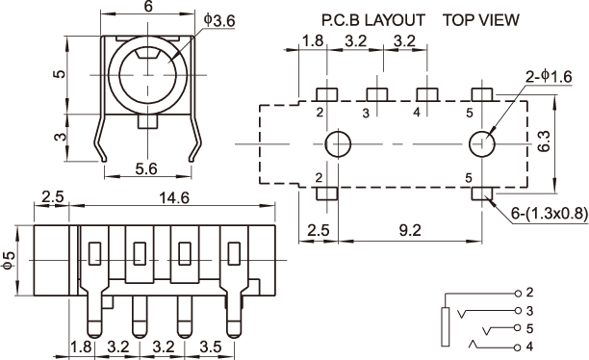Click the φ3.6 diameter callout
(x=219, y=21)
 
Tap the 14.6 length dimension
(x=174, y=197)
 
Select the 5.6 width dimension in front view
(x=146, y=169)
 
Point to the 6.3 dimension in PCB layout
(x=544, y=141)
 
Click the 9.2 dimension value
(x=410, y=230)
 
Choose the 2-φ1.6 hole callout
(x=550, y=77)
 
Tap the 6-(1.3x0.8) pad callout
(x=550, y=214)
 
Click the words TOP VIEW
(x=481, y=20)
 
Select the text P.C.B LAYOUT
(x=373, y=20)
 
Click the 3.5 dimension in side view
(x=211, y=347)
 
